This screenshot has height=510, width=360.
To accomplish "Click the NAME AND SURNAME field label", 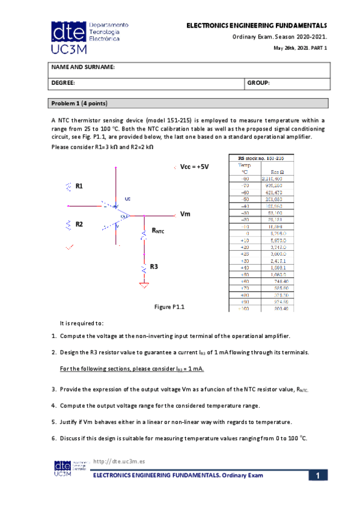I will tap(82, 67).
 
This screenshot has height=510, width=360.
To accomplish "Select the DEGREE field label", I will tap(63, 83).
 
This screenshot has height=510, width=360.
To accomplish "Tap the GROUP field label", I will tap(260, 83).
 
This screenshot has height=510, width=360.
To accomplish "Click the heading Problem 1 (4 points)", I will tap(79, 103).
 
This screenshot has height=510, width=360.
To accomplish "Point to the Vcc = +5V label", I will tap(194, 167).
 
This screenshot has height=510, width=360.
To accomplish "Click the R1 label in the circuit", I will tap(79, 186).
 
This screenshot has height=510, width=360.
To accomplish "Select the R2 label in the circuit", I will tap(79, 224).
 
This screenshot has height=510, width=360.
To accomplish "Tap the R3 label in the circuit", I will tap(154, 266).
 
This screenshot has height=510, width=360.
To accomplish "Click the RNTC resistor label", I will tap(157, 230).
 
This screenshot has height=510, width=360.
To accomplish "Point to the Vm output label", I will tap(185, 214).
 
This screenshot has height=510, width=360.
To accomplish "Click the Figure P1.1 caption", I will tap(169, 307).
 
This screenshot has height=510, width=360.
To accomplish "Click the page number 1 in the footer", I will tap(317, 476).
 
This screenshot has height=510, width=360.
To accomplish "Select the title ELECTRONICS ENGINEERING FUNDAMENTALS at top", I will tap(257, 26).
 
